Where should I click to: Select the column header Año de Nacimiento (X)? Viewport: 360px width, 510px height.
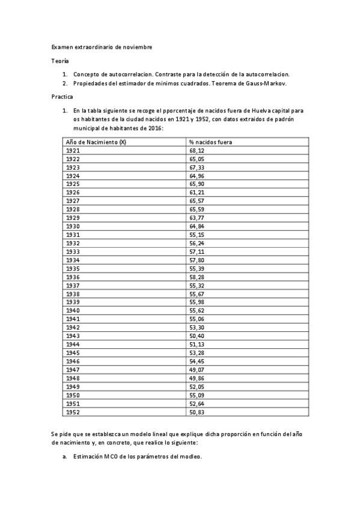click(96, 142)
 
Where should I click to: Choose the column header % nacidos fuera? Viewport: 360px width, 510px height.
click(210, 142)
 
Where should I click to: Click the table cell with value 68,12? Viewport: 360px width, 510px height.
click(197, 150)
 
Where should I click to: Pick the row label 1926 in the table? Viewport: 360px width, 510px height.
click(73, 192)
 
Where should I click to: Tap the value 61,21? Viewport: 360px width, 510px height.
click(197, 192)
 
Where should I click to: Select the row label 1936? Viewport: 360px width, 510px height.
click(73, 277)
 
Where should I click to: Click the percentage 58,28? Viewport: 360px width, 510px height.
click(197, 277)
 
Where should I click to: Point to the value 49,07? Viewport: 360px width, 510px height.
click(197, 369)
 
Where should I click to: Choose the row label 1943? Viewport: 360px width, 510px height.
click(73, 336)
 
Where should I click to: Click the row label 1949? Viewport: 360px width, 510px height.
click(73, 386)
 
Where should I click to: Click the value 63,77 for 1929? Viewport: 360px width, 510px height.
click(197, 218)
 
